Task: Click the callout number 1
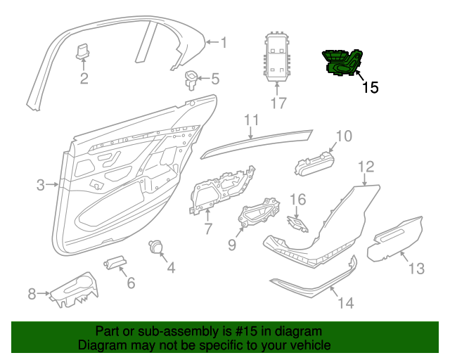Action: (224, 43)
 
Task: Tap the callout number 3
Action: (41, 185)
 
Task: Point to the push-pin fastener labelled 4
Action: (155, 247)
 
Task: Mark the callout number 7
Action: (207, 229)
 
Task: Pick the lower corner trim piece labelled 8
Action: (74, 289)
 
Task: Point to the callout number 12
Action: (366, 167)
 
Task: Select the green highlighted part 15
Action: (343, 62)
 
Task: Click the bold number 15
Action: (370, 88)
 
